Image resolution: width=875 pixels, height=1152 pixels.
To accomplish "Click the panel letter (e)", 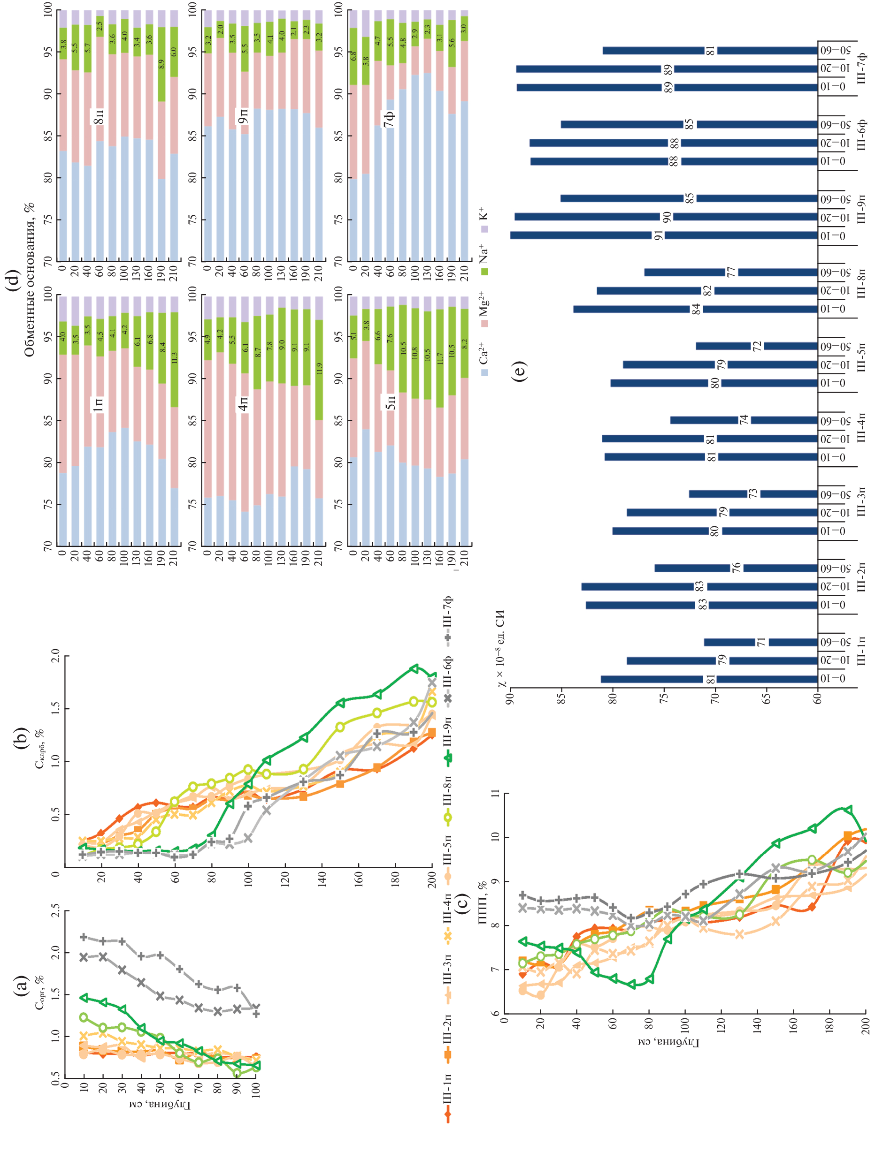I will [x=519, y=371].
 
